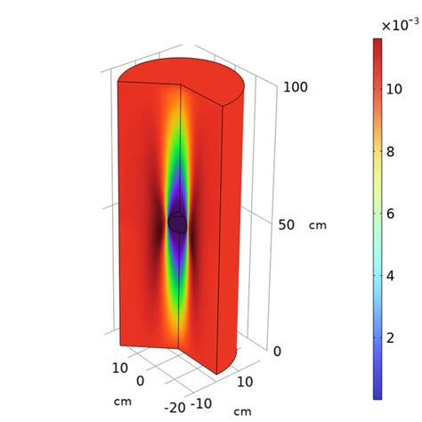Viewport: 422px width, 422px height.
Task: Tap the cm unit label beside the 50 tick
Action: [317, 225]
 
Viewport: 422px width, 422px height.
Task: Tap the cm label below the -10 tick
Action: [241, 411]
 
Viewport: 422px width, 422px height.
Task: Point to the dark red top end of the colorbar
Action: [378, 45]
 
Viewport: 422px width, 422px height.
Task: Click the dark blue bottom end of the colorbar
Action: [378, 392]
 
